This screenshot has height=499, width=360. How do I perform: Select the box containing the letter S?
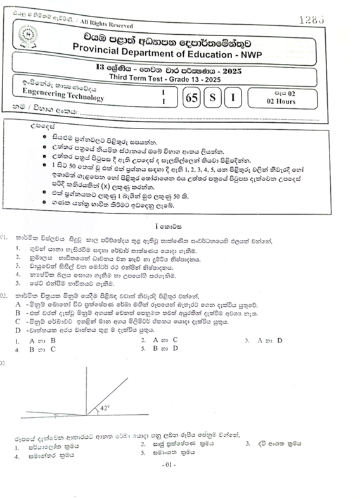pyautogui.click(x=214, y=98)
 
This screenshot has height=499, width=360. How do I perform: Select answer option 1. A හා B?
pyautogui.click(x=37, y=340)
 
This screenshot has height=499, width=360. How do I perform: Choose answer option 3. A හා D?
pyautogui.click(x=264, y=340)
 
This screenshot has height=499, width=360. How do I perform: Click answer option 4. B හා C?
pyautogui.click(x=37, y=348)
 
